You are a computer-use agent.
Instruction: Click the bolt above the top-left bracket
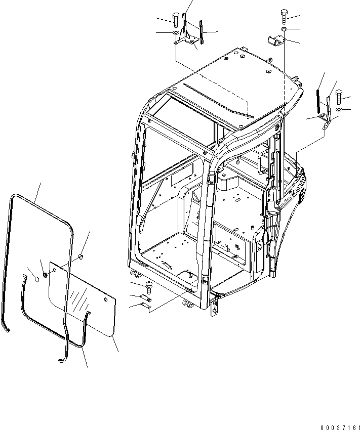tap(175, 20)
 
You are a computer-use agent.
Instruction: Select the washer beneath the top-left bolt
tap(175, 34)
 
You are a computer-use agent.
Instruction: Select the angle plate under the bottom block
tap(146, 307)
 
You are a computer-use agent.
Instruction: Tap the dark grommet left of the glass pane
tap(44, 275)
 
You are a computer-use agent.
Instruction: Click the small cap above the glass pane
tap(80, 259)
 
